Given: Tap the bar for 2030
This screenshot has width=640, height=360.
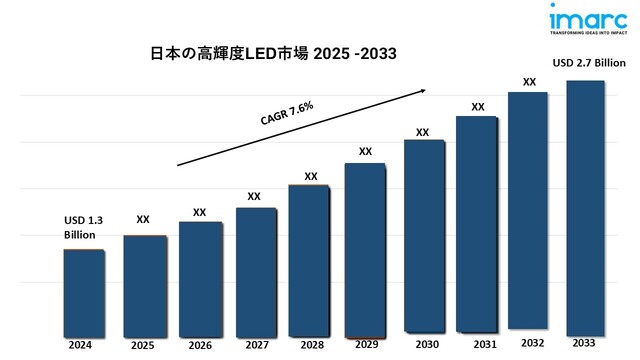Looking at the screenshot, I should pos(424,235).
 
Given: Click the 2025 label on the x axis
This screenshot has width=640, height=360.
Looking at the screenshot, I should pos(142,345).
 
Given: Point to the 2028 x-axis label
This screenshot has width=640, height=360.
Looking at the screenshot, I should pos(310,345).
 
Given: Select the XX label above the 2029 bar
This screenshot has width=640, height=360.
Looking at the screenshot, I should pos(365,151).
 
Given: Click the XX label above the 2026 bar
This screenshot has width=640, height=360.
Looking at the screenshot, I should pos(200,212).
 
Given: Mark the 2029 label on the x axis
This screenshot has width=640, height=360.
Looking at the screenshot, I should pos(366,345).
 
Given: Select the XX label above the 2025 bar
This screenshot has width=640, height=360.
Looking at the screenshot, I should pos(143,218).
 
